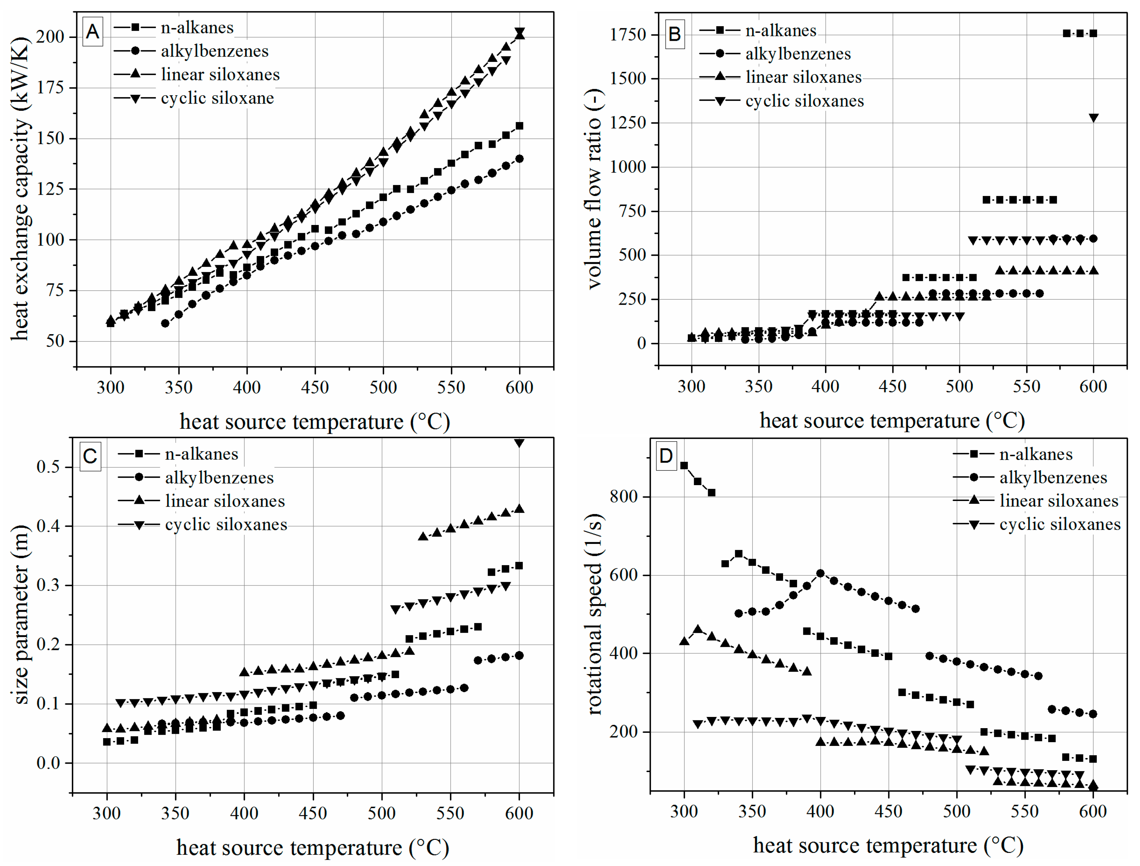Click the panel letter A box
pyautogui.click(x=92, y=32)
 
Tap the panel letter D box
pyautogui.click(x=666, y=456)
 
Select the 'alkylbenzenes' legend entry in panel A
pyautogui.click(x=214, y=51)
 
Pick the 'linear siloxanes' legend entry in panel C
pyautogui.click(x=225, y=501)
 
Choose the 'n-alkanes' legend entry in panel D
pyautogui.click(x=1036, y=454)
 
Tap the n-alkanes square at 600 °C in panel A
pyautogui.click(x=519, y=126)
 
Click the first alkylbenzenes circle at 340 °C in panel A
pyautogui.click(x=165, y=323)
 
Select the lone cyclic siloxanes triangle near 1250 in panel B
pyautogui.click(x=1093, y=118)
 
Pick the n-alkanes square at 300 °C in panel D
pyautogui.click(x=684, y=466)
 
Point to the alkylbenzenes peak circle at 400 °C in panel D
pyautogui.click(x=820, y=573)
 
